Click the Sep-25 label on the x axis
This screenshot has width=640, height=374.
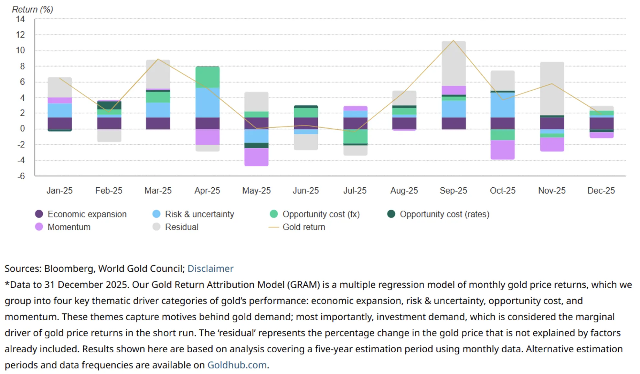(453, 191)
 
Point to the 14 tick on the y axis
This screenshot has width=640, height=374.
(20, 19)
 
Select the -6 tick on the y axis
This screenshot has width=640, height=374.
(21, 176)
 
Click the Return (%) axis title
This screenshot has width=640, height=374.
(32, 9)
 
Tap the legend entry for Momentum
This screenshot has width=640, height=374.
(69, 227)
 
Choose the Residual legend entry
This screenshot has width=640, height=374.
(181, 227)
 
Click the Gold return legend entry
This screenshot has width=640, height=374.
(304, 227)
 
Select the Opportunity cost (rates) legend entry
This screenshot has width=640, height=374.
(444, 214)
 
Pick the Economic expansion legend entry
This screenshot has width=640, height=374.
(87, 214)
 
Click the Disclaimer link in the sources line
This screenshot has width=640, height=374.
(210, 269)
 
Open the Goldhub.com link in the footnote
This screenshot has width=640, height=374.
(237, 365)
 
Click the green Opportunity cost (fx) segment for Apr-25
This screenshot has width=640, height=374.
(208, 77)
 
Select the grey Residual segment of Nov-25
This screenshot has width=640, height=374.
(552, 88)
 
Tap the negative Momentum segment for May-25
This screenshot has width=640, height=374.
(256, 157)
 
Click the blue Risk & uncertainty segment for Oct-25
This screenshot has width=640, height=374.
(503, 105)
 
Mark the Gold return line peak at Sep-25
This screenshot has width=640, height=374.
(453, 41)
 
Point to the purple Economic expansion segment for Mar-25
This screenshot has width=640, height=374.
(158, 123)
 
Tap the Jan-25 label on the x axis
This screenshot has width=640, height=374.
(59, 191)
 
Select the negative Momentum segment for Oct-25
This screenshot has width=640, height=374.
(503, 149)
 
